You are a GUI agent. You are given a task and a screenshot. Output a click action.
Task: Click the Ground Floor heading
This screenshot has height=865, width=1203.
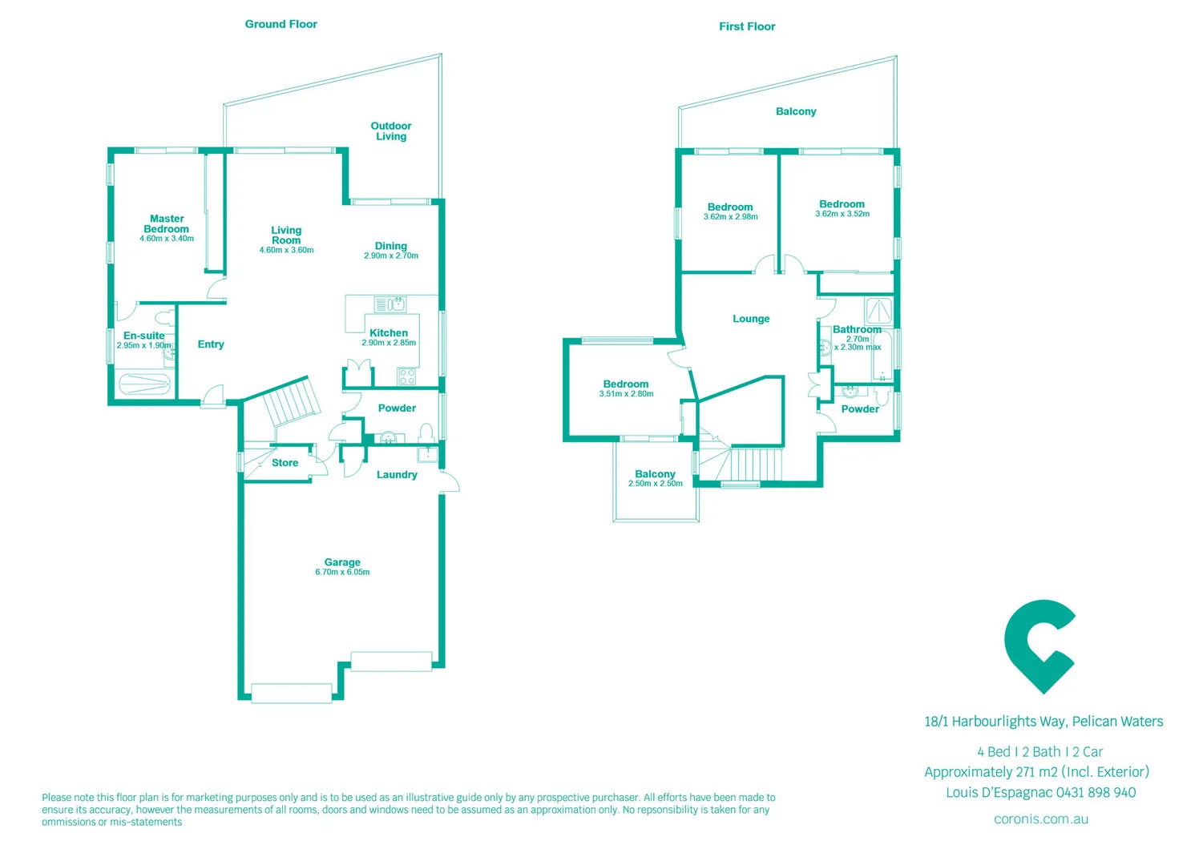281,24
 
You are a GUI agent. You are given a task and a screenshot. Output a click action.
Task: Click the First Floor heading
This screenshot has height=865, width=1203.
747,26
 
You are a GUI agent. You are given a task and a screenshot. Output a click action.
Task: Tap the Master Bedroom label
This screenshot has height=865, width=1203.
167,223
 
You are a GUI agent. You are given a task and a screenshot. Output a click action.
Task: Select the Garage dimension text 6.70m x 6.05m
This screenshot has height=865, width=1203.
342,572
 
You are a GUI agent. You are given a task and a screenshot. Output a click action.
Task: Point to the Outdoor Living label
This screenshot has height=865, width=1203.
391,131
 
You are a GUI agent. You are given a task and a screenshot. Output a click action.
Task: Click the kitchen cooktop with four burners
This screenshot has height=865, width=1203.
407,376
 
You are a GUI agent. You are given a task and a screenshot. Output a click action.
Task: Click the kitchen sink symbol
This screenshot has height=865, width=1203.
390,304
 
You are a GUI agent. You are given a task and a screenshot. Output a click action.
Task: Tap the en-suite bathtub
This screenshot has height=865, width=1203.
145,384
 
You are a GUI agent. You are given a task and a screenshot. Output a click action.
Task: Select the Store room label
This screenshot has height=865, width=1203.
285,463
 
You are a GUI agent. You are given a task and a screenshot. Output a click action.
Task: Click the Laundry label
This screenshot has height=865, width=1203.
397,475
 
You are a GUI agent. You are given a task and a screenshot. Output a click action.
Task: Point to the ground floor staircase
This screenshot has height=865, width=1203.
290,405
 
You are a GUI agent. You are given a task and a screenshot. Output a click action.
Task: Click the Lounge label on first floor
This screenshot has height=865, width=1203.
751,319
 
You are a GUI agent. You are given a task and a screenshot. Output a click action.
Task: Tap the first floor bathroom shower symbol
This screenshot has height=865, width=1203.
879,311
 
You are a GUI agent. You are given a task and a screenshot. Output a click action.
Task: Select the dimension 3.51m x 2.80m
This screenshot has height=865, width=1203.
626,394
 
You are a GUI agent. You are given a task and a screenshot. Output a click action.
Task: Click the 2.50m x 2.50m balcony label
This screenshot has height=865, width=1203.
655,484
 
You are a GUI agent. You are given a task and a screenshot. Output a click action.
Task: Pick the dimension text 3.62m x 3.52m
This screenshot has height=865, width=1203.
842,214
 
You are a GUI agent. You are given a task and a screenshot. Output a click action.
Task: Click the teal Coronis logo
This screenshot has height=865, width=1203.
1040,646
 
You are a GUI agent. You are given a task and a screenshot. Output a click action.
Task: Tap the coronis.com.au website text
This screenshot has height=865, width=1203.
1041,819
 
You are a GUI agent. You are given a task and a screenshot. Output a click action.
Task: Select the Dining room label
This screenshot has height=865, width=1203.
391,246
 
